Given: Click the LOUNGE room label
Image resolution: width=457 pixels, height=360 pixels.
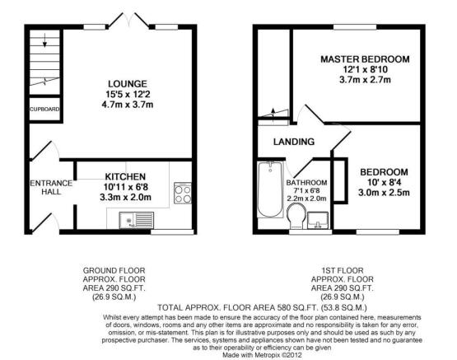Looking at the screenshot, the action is pyautogui.click(x=128, y=84).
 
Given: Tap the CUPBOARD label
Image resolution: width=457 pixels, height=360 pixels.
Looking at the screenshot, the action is pyautogui.click(x=44, y=110).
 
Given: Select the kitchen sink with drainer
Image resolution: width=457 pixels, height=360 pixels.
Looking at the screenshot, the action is pyautogui.click(x=136, y=220).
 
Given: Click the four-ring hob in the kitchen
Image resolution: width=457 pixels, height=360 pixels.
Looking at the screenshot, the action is pyautogui.click(x=183, y=193).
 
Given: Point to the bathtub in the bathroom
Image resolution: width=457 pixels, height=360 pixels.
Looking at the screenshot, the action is pyautogui.click(x=270, y=189).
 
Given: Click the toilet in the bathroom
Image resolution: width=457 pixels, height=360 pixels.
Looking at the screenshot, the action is pyautogui.click(x=296, y=216).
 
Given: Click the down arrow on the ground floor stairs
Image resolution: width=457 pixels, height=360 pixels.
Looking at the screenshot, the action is pyautogui.click(x=45, y=40).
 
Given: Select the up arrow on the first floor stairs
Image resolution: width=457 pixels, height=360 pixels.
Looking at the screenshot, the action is pyautogui.click(x=273, y=115).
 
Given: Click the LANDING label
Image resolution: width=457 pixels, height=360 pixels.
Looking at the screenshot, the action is pyautogui.click(x=294, y=142).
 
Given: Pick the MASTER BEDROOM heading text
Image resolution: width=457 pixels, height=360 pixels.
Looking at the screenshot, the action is pyautogui.click(x=365, y=59).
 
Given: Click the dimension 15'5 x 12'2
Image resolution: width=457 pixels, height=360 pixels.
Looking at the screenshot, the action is pyautogui.click(x=128, y=94).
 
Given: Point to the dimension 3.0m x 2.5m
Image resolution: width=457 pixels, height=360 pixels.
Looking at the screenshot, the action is pyautogui.click(x=384, y=193).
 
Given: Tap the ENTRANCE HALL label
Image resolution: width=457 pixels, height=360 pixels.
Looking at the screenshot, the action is pyautogui.click(x=51, y=188).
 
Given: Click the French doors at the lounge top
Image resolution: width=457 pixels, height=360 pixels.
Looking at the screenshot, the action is pyautogui.click(x=128, y=21).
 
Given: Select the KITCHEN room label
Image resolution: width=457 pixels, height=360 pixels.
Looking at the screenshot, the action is pyautogui.click(x=125, y=176).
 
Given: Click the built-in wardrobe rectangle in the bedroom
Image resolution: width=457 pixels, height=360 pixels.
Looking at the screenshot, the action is pyautogui.click(x=339, y=180).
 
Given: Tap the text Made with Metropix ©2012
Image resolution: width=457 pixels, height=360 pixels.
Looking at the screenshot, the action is pyautogui.click(x=262, y=355).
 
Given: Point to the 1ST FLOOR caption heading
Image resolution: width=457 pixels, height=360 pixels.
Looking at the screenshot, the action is pyautogui.click(x=343, y=270).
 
